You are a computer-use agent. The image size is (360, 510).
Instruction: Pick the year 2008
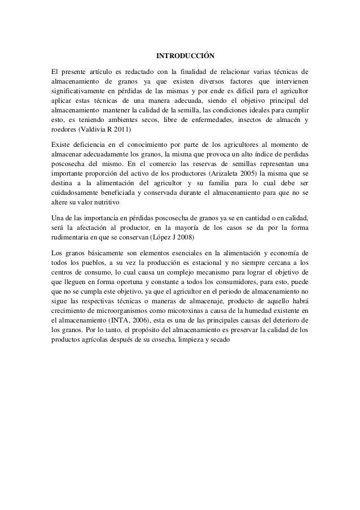pyautogui.click(x=184, y=237)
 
